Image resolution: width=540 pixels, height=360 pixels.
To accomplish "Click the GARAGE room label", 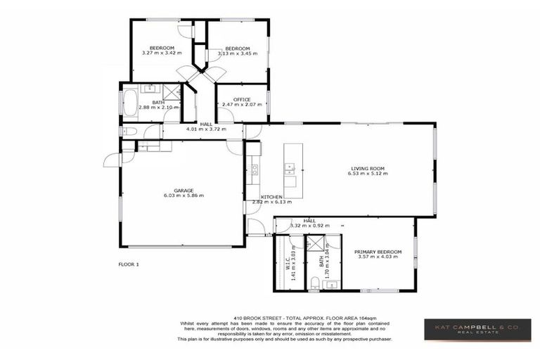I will click(x=184, y=190).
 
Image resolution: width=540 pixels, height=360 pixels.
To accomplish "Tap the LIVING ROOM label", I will click(x=368, y=168).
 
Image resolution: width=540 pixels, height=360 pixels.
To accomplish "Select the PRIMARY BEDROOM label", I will click(x=378, y=252).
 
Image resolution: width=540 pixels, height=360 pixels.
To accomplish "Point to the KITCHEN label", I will click(x=271, y=197).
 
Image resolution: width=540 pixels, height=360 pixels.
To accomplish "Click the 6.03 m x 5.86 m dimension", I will click(x=184, y=195).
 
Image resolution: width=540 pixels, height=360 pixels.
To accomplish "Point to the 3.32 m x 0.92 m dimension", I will click(x=309, y=226).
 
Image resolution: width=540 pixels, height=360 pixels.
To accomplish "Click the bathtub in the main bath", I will click(x=131, y=102).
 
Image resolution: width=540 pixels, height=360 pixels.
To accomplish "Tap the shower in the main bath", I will click(x=170, y=92).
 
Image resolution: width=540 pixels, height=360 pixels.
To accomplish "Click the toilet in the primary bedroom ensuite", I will click(x=316, y=283).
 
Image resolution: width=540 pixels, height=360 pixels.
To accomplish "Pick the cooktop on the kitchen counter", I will click(x=255, y=169).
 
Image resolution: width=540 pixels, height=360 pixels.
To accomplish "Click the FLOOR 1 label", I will click(x=129, y=264).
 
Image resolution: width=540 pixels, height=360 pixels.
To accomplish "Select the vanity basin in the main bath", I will click(x=150, y=88).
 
